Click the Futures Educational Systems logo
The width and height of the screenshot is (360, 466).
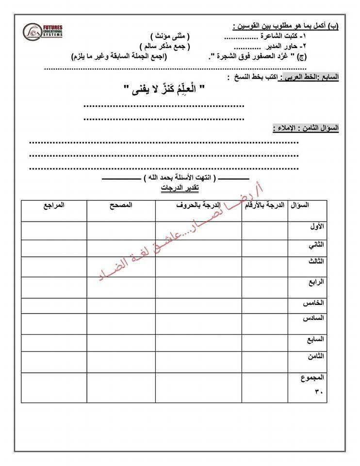41,32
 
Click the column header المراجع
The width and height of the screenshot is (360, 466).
54,205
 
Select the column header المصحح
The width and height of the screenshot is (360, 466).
121,205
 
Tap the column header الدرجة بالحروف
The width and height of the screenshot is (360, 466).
198,205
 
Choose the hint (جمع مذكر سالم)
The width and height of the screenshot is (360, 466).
165,46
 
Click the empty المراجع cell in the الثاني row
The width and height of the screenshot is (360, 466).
54,249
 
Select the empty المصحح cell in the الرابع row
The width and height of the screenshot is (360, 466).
121,286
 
